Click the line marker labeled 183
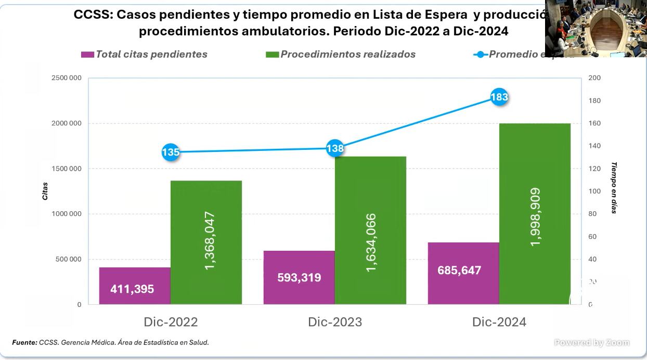(499, 97)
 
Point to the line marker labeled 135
(171, 152)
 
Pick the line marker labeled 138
(335, 148)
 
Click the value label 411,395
(132, 289)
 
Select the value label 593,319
(299, 277)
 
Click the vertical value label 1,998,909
(535, 217)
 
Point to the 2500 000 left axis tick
(66, 78)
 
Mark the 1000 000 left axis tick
(66, 214)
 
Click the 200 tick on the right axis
(594, 78)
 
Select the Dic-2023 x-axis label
(335, 322)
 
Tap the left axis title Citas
(45, 191)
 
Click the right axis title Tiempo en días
(614, 188)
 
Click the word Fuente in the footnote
(24, 342)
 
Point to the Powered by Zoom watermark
(592, 342)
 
